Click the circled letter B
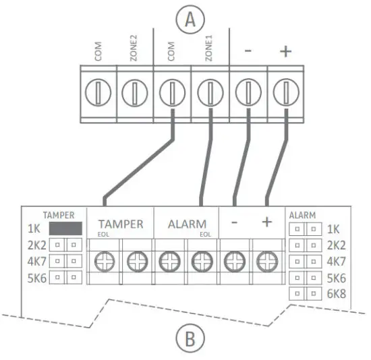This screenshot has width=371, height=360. [x=191, y=338]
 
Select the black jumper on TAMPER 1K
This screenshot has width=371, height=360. [x=65, y=228]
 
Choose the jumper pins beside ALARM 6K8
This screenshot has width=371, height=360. [x=306, y=293]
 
